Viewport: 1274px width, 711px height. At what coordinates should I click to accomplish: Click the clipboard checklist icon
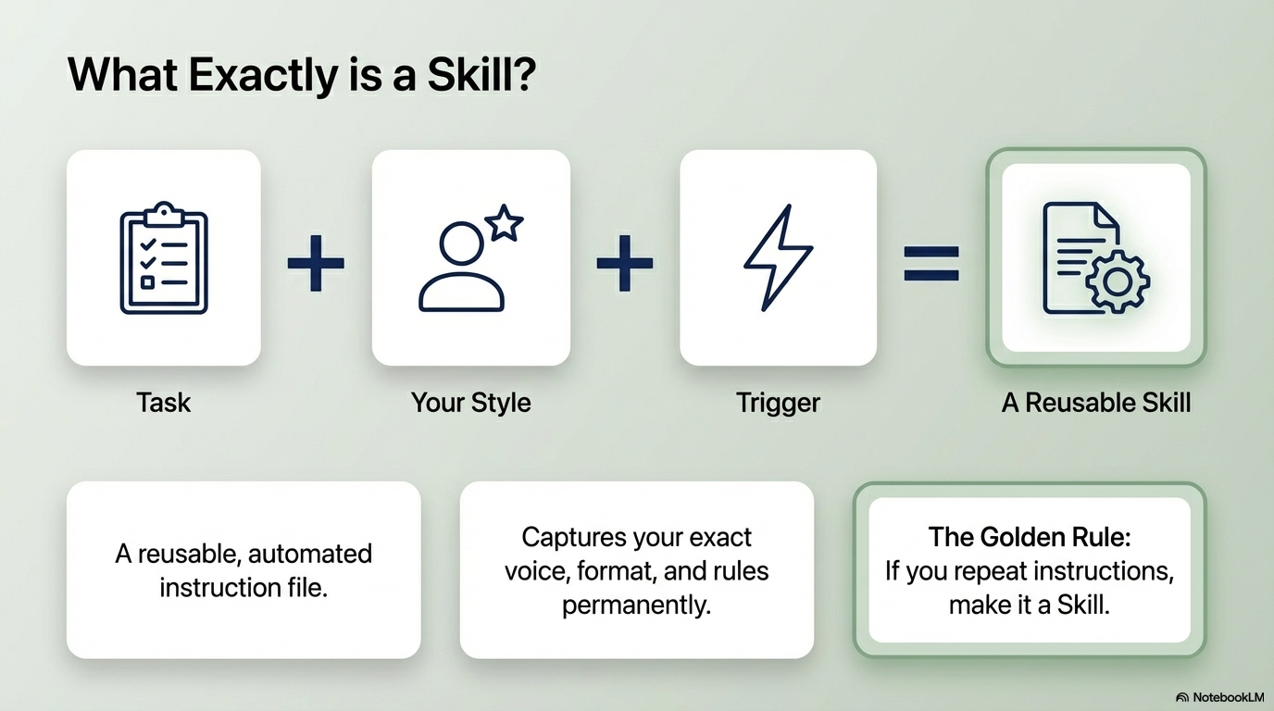pyautogui.click(x=164, y=257)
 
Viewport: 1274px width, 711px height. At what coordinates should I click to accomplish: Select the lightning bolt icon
pyautogui.click(x=778, y=257)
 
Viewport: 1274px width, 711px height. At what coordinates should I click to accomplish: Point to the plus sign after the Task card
pyautogui.click(x=316, y=262)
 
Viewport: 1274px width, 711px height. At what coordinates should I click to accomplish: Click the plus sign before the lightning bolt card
pyautogui.click(x=624, y=262)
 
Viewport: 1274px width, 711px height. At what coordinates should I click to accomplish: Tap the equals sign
pyautogui.click(x=931, y=262)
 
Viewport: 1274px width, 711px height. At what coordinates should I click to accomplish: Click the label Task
pyautogui.click(x=164, y=403)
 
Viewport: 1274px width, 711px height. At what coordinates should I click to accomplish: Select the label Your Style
pyautogui.click(x=470, y=403)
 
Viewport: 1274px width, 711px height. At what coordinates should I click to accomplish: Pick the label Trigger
pyautogui.click(x=778, y=403)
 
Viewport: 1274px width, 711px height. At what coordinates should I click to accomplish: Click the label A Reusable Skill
pyautogui.click(x=1096, y=403)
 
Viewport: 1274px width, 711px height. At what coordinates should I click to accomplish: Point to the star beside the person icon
pyautogui.click(x=505, y=224)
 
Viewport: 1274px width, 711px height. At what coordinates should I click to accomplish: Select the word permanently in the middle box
pyautogui.click(x=636, y=605)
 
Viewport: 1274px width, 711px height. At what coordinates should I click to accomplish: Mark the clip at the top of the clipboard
pyautogui.click(x=164, y=211)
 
